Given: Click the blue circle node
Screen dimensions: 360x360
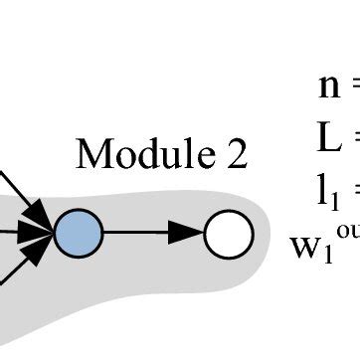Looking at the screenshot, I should (x=79, y=236).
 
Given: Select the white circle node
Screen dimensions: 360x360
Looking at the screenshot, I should (x=229, y=236).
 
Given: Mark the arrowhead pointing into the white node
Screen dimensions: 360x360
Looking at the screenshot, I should (x=190, y=236).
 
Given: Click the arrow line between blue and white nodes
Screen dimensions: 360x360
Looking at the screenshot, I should (x=139, y=236).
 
